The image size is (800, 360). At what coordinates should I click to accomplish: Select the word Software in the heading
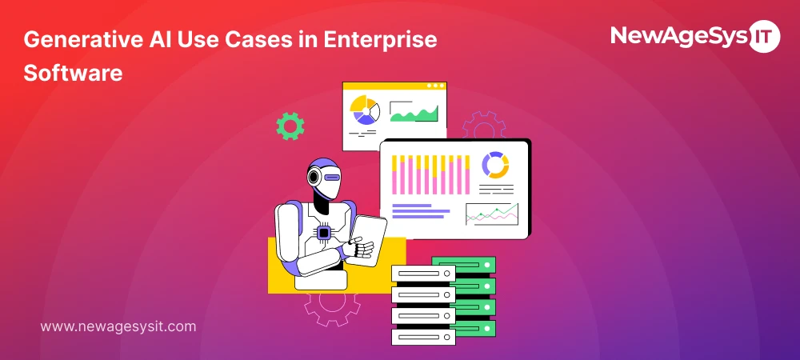click(x=73, y=73)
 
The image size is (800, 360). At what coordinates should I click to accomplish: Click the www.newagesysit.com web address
click(x=118, y=326)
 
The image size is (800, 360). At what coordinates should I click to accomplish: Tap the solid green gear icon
click(x=290, y=126)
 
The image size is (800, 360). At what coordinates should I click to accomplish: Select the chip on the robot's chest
click(x=324, y=233)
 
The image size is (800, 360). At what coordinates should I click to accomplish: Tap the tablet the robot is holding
click(x=370, y=236)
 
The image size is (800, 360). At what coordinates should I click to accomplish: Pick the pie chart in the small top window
click(x=365, y=110)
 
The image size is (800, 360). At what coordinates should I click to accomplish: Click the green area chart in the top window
click(x=414, y=114)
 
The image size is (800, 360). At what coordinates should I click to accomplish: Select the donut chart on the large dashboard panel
click(x=495, y=165)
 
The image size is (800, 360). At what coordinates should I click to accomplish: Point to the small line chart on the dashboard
click(x=491, y=214)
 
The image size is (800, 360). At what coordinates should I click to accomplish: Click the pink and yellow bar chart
click(x=430, y=174)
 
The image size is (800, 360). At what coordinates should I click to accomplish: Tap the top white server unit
click(x=423, y=274)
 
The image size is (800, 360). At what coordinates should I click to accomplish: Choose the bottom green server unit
click(x=476, y=328)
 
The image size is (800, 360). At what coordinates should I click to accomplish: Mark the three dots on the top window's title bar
click(x=435, y=86)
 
